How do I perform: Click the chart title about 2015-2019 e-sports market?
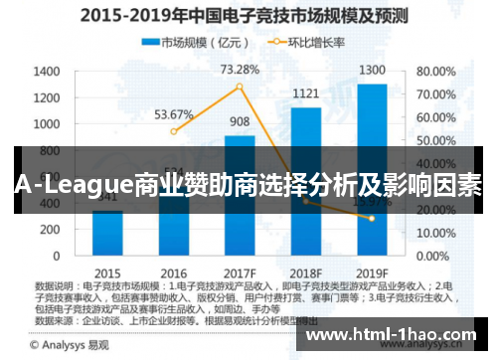pos(248,16)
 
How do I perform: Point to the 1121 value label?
pos(305,94)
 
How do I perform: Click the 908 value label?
pos(240,122)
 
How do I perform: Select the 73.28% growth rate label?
pos(240,70)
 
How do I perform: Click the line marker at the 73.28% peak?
pos(240,88)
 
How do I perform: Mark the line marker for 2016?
pos(174,131)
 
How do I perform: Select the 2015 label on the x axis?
pos(108,271)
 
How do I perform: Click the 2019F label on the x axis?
pos(372,271)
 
